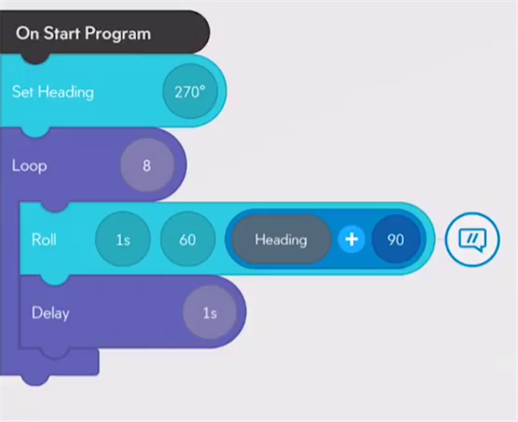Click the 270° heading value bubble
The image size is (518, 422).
(x=190, y=91)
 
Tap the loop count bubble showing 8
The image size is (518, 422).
(x=147, y=165)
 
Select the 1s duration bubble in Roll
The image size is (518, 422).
(x=123, y=239)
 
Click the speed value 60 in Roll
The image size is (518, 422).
(x=187, y=239)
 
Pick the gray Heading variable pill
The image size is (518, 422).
(x=281, y=239)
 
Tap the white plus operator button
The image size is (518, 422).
(x=351, y=239)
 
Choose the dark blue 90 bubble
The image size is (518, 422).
(x=395, y=239)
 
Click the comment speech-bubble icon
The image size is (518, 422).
(x=472, y=239)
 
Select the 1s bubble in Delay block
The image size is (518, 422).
(x=210, y=312)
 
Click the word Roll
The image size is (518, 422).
(x=44, y=239)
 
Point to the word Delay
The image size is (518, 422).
(x=51, y=312)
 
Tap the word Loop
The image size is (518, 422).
(x=29, y=166)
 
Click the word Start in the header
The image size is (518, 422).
(x=62, y=33)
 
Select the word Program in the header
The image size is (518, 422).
(x=117, y=34)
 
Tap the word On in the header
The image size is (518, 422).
(x=28, y=33)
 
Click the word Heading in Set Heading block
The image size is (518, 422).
(x=66, y=91)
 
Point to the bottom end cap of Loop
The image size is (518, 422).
(x=49, y=363)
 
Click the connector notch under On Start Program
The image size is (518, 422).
(x=35, y=59)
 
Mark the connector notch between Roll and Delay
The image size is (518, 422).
(x=55, y=279)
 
